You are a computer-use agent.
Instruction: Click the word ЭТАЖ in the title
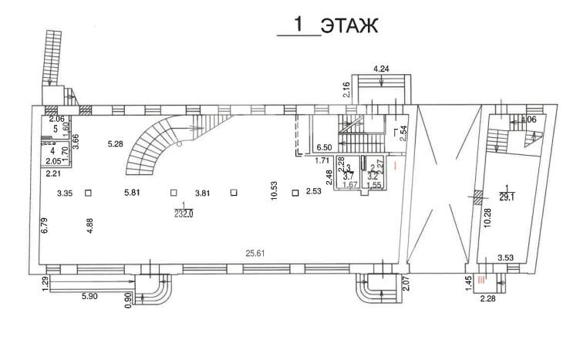(349, 26)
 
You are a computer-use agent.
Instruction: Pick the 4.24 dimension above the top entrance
(382, 69)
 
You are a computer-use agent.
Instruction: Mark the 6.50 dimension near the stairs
(324, 147)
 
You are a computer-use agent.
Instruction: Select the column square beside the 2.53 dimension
(295, 193)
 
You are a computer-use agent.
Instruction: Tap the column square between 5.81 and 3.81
(174, 193)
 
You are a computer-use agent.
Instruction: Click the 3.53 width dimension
(506, 257)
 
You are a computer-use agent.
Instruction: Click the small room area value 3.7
(348, 176)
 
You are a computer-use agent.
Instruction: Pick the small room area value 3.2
(375, 176)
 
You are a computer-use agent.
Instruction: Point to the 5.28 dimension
(116, 144)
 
